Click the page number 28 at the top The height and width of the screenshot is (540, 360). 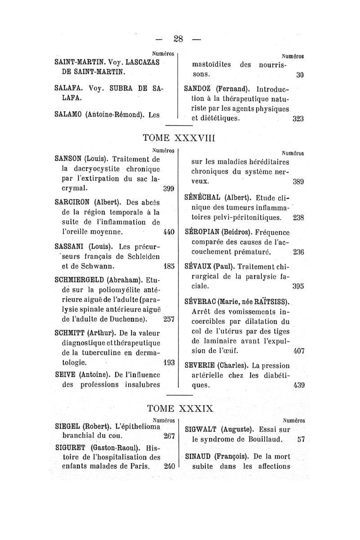tap(180, 39)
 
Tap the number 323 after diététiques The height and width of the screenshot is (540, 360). tap(298, 119)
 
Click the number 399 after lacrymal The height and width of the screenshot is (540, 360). tap(168, 188)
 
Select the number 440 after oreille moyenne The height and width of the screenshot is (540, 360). tap(168, 233)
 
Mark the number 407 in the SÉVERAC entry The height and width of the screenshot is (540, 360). tap(299, 350)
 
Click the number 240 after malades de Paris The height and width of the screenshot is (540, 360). tap(169, 466)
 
